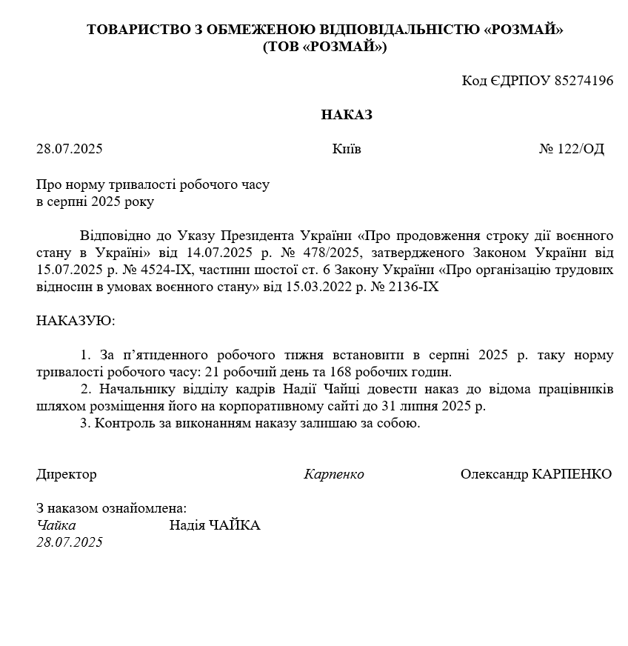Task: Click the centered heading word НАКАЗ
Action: click(x=347, y=115)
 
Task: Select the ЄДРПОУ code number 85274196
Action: click(x=582, y=81)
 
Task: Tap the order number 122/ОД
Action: click(x=581, y=149)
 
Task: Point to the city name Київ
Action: click(x=347, y=149)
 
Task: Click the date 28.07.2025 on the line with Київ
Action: click(x=70, y=149)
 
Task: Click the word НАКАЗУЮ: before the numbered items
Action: click(x=76, y=321)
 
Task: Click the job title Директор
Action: click(x=67, y=474)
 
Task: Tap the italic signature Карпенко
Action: click(x=334, y=474)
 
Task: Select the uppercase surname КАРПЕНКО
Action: click(x=572, y=474)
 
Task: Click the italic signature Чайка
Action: click(x=56, y=525)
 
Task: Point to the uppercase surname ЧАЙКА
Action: click(x=234, y=525)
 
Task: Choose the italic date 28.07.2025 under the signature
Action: click(x=70, y=542)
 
